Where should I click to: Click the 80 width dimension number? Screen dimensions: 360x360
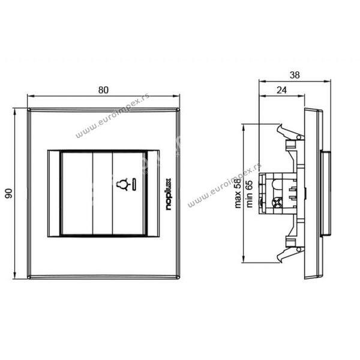tap(103, 90)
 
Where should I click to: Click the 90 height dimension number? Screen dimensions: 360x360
tap(9, 193)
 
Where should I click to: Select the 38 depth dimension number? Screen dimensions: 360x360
tap(295, 75)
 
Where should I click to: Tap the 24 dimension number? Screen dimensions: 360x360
tap(281, 90)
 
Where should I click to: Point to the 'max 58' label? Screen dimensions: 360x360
tap(238, 193)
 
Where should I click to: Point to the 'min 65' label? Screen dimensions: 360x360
tap(249, 194)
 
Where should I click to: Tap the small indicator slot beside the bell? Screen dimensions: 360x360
tap(134, 185)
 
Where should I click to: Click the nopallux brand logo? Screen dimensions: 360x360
tap(169, 194)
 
